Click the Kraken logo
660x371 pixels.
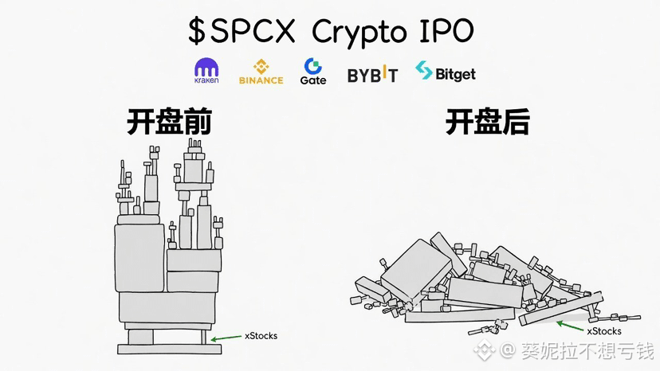click(206, 70)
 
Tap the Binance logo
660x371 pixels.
click(261, 72)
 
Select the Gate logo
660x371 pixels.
click(312, 71)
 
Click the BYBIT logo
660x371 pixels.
click(372, 74)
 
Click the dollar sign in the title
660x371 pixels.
click(196, 31)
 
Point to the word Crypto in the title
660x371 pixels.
click(359, 33)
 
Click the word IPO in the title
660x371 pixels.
click(446, 30)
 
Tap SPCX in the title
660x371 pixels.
click(253, 30)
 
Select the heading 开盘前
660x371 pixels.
click(169, 122)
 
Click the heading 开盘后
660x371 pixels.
click(487, 122)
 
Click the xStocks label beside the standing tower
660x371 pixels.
click(261, 336)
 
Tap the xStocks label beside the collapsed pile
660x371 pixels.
click(604, 331)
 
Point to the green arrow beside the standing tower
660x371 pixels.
click(226, 338)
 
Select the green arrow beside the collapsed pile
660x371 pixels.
click(570, 326)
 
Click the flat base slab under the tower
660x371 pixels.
click(169, 350)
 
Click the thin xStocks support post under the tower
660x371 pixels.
click(204, 337)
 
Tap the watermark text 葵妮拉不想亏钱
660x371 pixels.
click(588, 350)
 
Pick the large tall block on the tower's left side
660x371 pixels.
click(139, 258)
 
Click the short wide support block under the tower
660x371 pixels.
click(140, 337)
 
